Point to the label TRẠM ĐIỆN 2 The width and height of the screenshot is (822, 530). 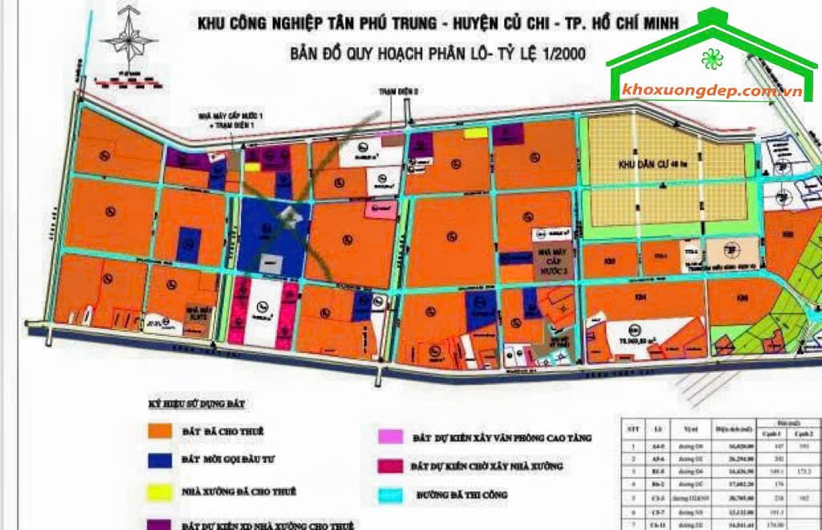[x=400, y=91]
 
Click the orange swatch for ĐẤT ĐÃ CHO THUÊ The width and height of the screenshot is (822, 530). [x=160, y=431]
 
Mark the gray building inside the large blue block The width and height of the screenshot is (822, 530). [x=287, y=213]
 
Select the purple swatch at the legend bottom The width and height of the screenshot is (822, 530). [x=160, y=523]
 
